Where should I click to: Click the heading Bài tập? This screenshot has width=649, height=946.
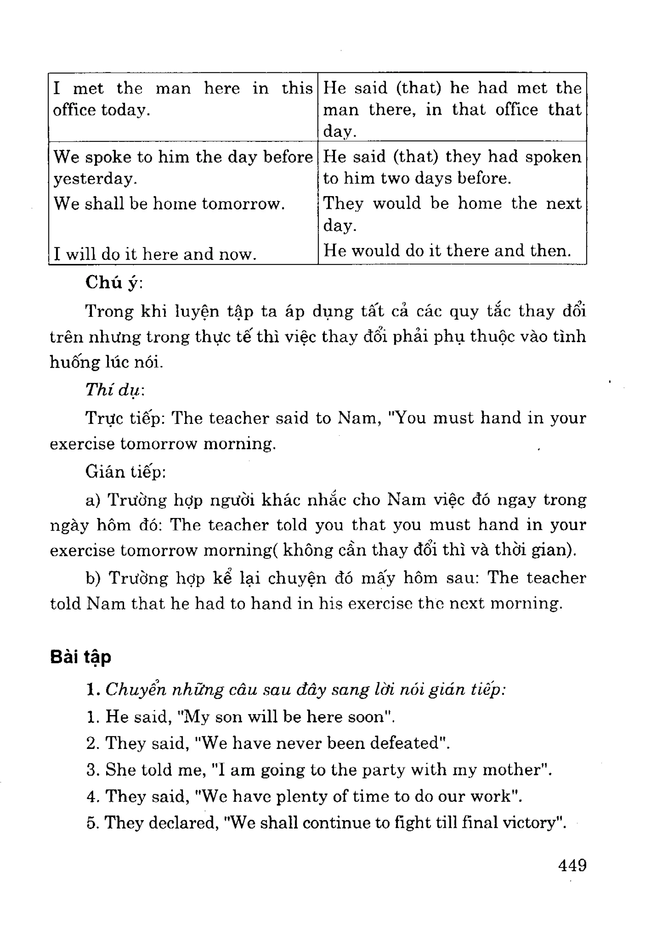click(80, 657)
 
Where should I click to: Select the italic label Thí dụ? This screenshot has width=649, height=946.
click(114, 390)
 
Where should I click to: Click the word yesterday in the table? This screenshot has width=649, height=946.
click(94, 179)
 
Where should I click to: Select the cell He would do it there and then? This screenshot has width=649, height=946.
click(447, 251)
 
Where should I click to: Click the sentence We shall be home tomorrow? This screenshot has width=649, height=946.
click(169, 203)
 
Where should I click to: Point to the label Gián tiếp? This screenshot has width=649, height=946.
click(125, 472)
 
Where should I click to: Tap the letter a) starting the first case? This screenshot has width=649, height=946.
click(93, 500)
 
